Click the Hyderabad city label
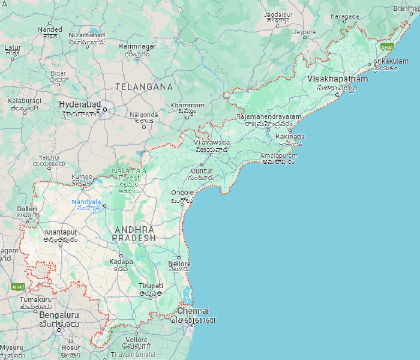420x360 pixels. click(79, 104)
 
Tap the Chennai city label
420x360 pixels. click(193, 311)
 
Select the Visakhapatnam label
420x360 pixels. click(337, 79)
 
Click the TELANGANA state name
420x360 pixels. click(144, 86)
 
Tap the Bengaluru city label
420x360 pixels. click(59, 314)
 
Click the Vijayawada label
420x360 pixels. click(211, 142)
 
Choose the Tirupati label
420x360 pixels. click(151, 286)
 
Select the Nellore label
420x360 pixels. click(179, 263)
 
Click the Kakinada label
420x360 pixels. click(290, 136)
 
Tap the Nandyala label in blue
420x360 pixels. click(86, 202)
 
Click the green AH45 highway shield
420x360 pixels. click(387, 47)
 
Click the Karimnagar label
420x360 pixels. click(137, 46)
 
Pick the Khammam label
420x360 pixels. click(187, 106)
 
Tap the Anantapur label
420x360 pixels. click(61, 232)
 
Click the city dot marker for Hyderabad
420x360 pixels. click(104, 109)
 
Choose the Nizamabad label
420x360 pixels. click(86, 35)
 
